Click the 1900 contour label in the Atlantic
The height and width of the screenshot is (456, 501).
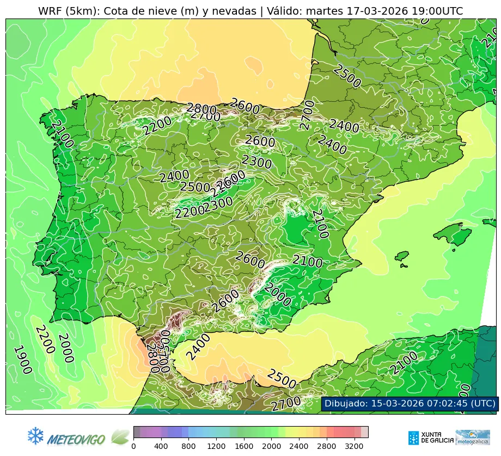pos(22,360)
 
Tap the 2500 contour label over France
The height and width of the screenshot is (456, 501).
pos(347,77)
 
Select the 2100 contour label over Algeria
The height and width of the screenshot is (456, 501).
pos(404,363)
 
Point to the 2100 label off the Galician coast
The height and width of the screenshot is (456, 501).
pos(62,134)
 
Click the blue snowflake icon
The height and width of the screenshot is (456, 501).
pos(35,436)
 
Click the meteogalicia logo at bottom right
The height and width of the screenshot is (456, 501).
pos(473,437)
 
